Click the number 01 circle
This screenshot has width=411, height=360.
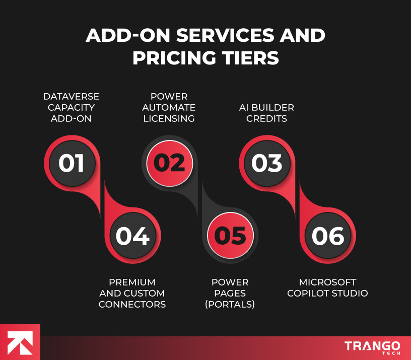pos(71,163)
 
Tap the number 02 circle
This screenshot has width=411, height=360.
pos(169,163)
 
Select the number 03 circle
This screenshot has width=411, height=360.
pos(267,163)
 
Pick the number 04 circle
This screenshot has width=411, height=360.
pos(132,236)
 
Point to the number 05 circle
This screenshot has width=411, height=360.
pos(230,236)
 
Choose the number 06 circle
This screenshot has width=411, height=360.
pos(328,236)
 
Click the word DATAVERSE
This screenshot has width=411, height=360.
pos(71,96)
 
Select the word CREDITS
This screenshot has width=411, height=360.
pos(266,119)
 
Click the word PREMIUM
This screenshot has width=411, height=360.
pos(132,282)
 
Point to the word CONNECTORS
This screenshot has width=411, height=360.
pos(132,304)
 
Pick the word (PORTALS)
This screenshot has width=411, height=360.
pos(230,304)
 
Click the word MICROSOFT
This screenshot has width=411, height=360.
pos(328,282)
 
